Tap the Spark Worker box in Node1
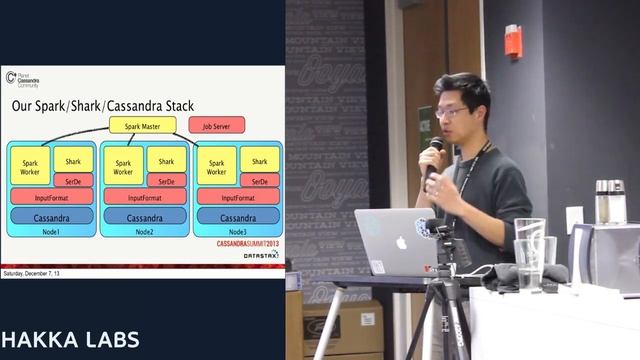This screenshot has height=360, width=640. (x=29, y=166)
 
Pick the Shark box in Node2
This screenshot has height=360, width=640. (x=166, y=161)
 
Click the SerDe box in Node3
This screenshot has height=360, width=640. (x=259, y=181)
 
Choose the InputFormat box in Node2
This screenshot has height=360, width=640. (x=144, y=198)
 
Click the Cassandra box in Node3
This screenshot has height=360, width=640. (x=238, y=216)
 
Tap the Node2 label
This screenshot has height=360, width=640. (x=144, y=232)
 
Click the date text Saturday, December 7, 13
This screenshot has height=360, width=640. (x=32, y=272)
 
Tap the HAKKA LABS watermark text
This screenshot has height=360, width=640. (x=69, y=337)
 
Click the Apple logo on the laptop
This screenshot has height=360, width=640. (x=402, y=241)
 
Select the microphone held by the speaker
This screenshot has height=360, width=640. (x=435, y=151)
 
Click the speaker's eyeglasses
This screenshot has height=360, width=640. (x=452, y=113)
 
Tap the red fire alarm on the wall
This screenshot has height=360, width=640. (x=512, y=41)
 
